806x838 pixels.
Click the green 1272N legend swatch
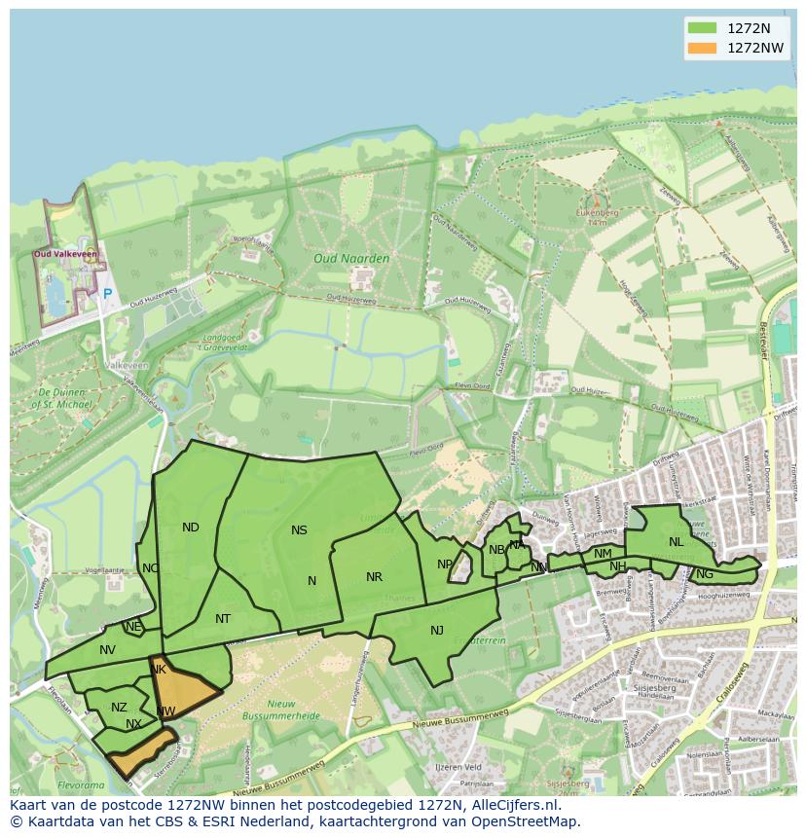(701, 28)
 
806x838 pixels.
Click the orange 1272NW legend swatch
(701, 48)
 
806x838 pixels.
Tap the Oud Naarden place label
(351, 259)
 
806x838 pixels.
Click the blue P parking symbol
(107, 293)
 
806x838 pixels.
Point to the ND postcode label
(191, 528)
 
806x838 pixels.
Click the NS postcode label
(299, 530)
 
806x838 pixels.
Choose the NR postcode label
(374, 577)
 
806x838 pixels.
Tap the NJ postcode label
(437, 631)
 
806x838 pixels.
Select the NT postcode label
(223, 619)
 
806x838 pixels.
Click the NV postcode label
(107, 650)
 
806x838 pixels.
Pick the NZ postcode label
(119, 708)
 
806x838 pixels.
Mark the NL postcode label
(676, 542)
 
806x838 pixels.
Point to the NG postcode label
(705, 574)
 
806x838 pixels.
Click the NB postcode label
(496, 550)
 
